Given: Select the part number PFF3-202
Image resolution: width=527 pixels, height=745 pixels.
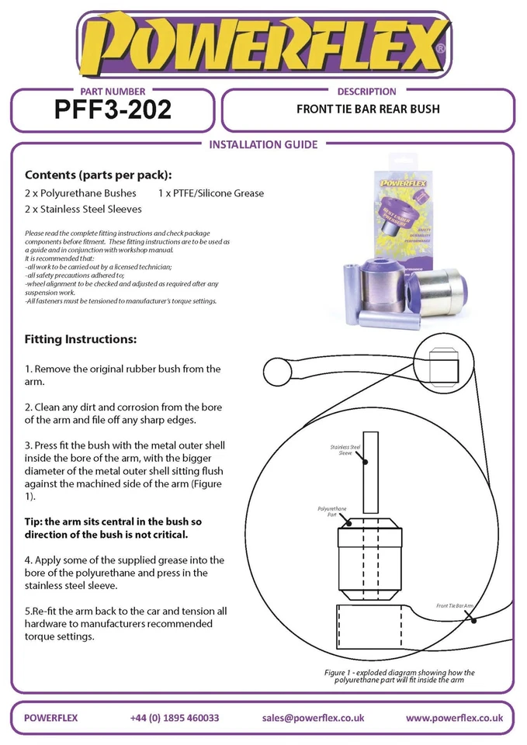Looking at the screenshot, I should (113, 111).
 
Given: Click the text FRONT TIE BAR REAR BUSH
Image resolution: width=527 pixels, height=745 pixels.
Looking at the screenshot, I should (368, 109).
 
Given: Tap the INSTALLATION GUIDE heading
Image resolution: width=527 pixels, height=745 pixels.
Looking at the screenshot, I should (264, 144).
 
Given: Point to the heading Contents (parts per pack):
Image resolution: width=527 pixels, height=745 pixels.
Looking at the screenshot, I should (99, 175).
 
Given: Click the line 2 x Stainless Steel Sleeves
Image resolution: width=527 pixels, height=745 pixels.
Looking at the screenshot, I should (83, 210).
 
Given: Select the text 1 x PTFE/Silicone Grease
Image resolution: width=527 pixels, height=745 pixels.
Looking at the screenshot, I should (211, 193).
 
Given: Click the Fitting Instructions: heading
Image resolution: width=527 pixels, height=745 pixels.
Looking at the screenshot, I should (81, 340).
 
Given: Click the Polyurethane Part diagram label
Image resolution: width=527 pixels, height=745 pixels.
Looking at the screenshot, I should (331, 511).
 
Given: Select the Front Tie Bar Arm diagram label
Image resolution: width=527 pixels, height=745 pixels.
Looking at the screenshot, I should (454, 605).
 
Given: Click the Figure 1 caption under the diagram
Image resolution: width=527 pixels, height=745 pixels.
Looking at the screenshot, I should (400, 676).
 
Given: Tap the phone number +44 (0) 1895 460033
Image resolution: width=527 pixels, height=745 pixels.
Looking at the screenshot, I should (175, 718).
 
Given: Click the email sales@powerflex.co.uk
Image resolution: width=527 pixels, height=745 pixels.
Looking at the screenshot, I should (314, 718).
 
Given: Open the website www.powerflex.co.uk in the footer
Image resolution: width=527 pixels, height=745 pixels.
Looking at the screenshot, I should (454, 718).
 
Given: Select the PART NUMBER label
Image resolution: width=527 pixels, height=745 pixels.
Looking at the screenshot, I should (113, 92).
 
